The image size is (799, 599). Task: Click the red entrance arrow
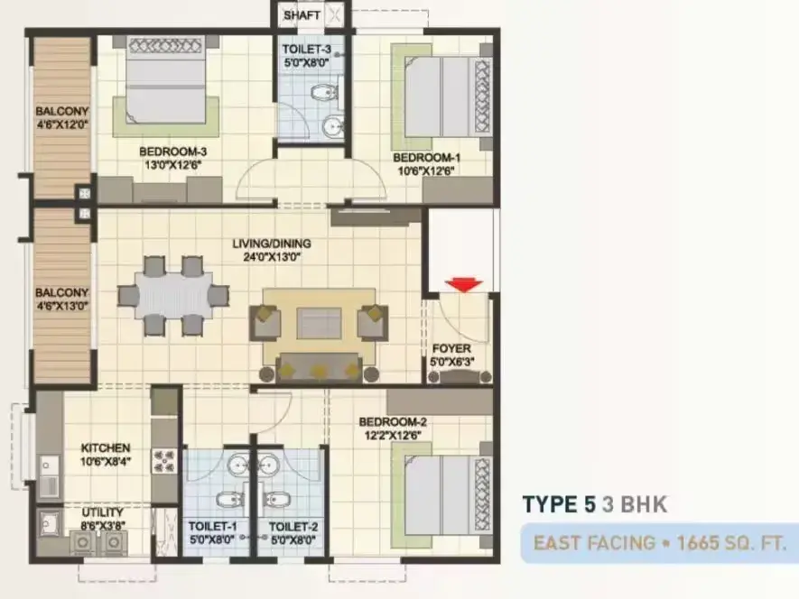(464, 285)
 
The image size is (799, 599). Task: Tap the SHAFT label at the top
(302, 15)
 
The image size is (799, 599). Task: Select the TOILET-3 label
(307, 50)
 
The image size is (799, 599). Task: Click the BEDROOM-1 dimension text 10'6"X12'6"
(425, 171)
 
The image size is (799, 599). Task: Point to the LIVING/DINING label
(272, 244)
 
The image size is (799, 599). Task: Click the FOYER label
(451, 349)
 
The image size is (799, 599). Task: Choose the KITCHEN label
(106, 448)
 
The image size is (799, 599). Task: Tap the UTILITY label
(102, 512)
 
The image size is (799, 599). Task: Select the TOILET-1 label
(212, 526)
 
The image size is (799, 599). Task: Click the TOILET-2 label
(293, 526)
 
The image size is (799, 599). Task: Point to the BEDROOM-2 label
(393, 422)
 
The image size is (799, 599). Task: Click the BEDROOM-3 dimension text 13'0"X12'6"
(173, 165)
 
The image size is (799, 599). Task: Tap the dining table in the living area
(173, 295)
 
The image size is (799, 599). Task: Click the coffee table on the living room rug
(319, 323)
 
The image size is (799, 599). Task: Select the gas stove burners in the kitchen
(164, 461)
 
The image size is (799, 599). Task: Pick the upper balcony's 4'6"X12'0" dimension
(62, 124)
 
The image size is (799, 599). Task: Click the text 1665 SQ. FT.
(731, 543)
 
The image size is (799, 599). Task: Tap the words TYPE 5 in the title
(559, 504)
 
